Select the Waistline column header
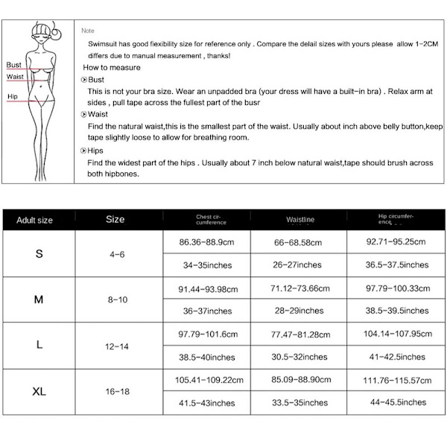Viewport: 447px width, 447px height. [300, 220]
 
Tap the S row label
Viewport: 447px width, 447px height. [39, 254]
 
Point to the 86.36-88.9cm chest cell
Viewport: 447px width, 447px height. [208, 242]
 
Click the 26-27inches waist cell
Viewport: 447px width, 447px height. [297, 264]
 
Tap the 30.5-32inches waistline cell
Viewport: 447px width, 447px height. [297, 356]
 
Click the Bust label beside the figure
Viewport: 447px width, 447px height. [14, 65]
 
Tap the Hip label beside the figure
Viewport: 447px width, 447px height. [13, 97]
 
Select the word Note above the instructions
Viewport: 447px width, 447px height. [88, 31]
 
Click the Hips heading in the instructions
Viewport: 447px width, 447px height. [96, 150]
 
